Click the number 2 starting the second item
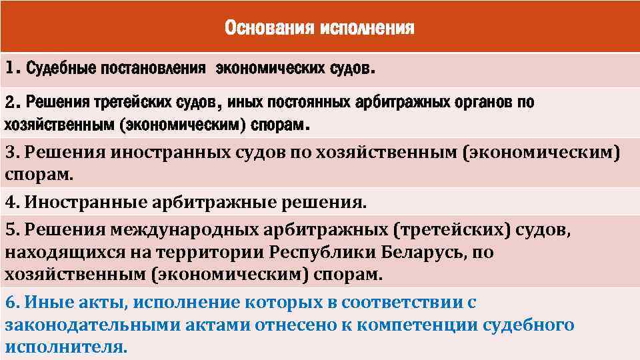pyautogui.click(x=10, y=103)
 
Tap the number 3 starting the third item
pyautogui.click(x=10, y=153)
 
